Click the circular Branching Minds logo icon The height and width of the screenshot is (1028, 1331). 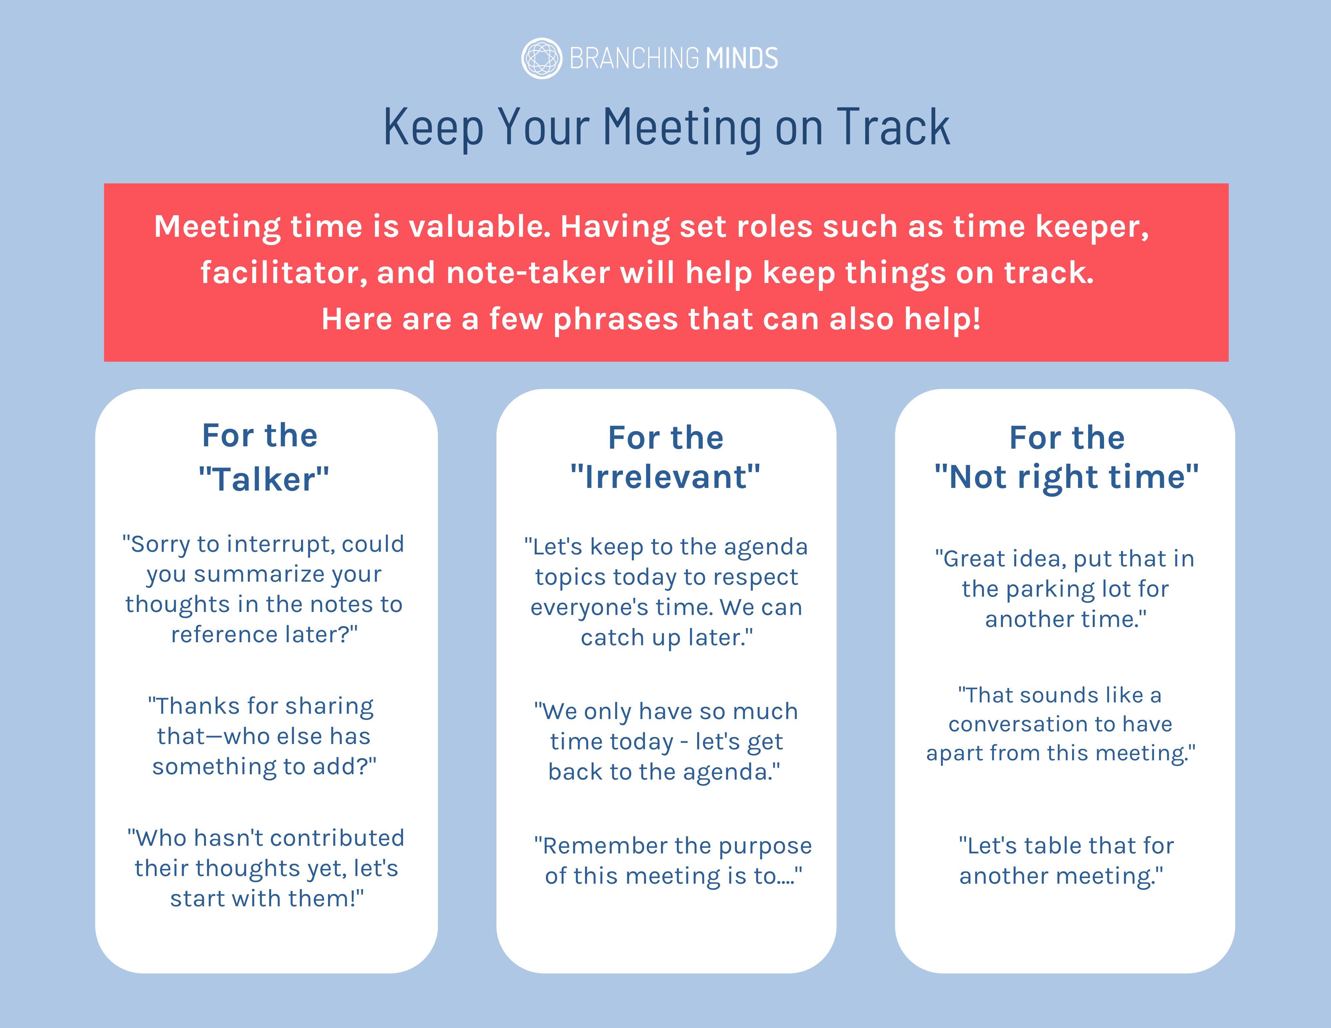pos(541,59)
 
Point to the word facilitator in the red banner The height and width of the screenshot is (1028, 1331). pos(284,273)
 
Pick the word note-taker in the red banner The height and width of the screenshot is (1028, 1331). pos(528,273)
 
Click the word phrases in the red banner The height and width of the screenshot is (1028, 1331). pos(616,319)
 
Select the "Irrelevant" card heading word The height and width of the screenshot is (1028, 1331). pos(665,476)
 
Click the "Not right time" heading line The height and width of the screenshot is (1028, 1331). pos(1066,476)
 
